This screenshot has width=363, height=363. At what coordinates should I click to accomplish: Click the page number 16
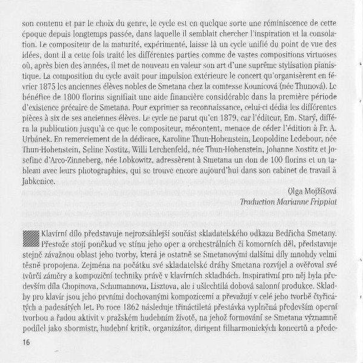coord(15,343)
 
